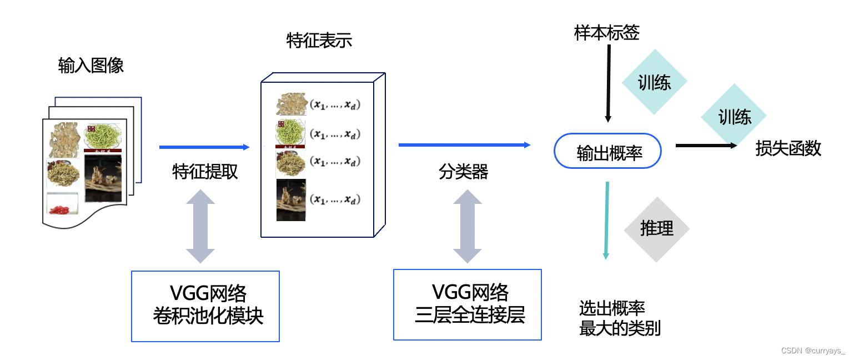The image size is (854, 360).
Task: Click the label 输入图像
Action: coord(91,66)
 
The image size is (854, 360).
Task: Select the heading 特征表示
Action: coord(319,41)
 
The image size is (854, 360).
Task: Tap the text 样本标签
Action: coord(607,33)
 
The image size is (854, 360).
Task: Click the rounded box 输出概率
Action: coord(608,151)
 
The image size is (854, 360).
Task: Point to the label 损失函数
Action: coord(788,148)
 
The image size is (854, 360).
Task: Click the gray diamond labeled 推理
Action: coord(656,229)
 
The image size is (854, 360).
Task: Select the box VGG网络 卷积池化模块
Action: coord(205,306)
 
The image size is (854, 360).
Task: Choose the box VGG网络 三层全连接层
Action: coord(467,304)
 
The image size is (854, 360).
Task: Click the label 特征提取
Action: coord(205,172)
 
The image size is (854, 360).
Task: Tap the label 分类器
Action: coord(463,172)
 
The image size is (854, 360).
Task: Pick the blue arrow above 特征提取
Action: coord(204,147)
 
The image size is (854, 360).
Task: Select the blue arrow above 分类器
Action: coord(464,145)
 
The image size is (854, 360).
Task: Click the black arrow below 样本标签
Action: coord(609,83)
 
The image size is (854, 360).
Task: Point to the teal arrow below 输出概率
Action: coord(607,220)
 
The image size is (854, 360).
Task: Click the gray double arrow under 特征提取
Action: coord(200,226)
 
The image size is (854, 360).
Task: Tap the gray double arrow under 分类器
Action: coord(468,226)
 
